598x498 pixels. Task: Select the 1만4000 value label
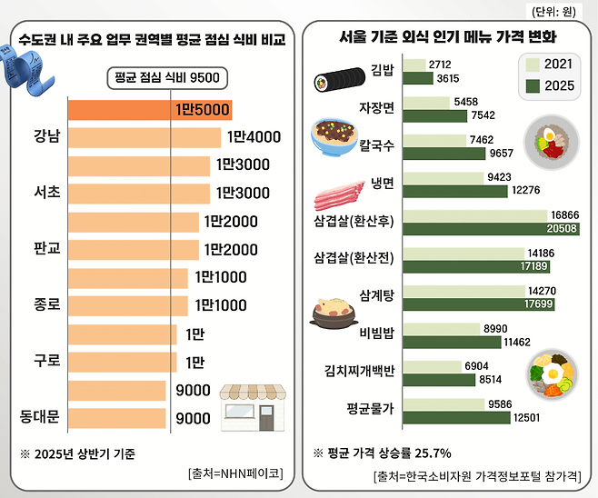pos(254,137)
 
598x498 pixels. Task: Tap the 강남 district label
pos(46,137)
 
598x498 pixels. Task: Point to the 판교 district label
pos(46,248)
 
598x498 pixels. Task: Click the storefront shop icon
pos(254,406)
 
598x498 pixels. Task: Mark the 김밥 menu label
pos(383,70)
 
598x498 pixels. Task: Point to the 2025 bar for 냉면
pos(453,191)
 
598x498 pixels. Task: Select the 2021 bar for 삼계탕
pos(463,291)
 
